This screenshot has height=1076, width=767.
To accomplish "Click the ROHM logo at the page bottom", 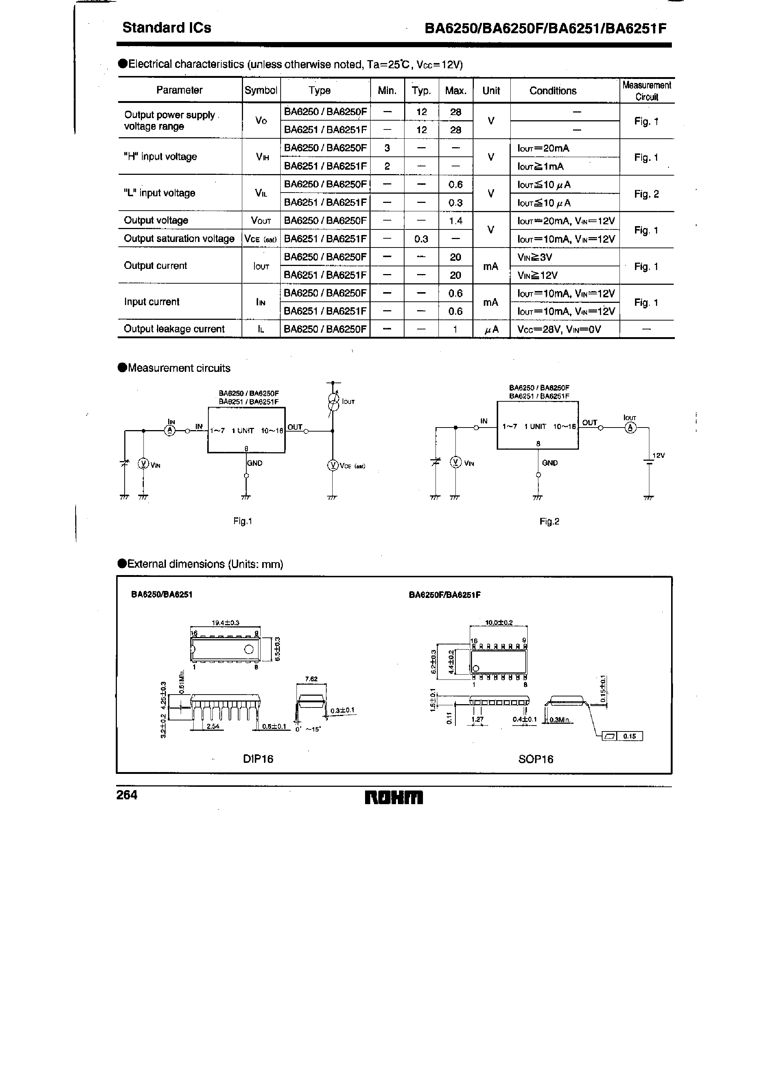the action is (394, 798).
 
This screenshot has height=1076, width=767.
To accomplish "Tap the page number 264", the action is (126, 795).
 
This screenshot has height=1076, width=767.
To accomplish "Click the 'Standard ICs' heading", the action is (167, 28).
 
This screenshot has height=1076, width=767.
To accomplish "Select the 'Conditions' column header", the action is (553, 91).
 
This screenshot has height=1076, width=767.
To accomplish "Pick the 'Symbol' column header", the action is (261, 90).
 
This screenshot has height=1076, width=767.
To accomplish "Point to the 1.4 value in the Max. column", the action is (455, 221).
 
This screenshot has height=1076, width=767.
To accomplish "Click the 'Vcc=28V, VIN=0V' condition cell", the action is (559, 329).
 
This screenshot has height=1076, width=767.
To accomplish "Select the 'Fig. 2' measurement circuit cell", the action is (646, 194).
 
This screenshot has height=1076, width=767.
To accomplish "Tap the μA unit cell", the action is (491, 330).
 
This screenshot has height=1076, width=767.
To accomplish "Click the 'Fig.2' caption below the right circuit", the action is (549, 522).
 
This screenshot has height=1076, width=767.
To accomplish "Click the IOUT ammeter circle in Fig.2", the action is (630, 428).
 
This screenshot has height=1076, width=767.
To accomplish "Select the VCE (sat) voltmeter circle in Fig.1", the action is (333, 465).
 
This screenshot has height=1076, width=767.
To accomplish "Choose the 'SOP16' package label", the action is (535, 759).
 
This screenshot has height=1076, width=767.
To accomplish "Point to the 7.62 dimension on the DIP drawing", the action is (311, 679).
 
